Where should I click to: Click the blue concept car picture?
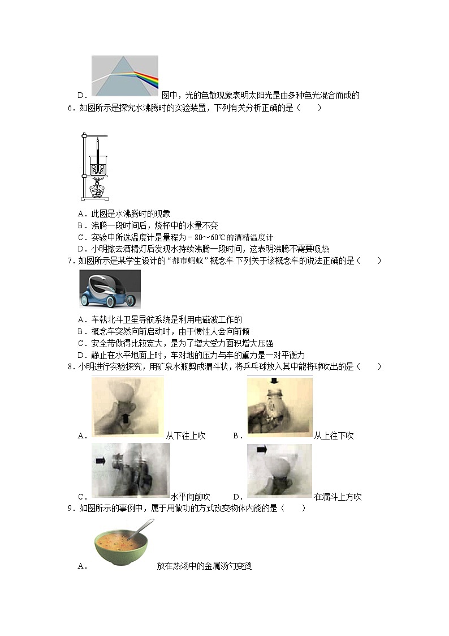110,288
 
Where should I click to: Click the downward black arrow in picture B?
274,381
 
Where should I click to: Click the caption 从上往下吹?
334,436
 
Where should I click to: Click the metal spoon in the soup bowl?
136,531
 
